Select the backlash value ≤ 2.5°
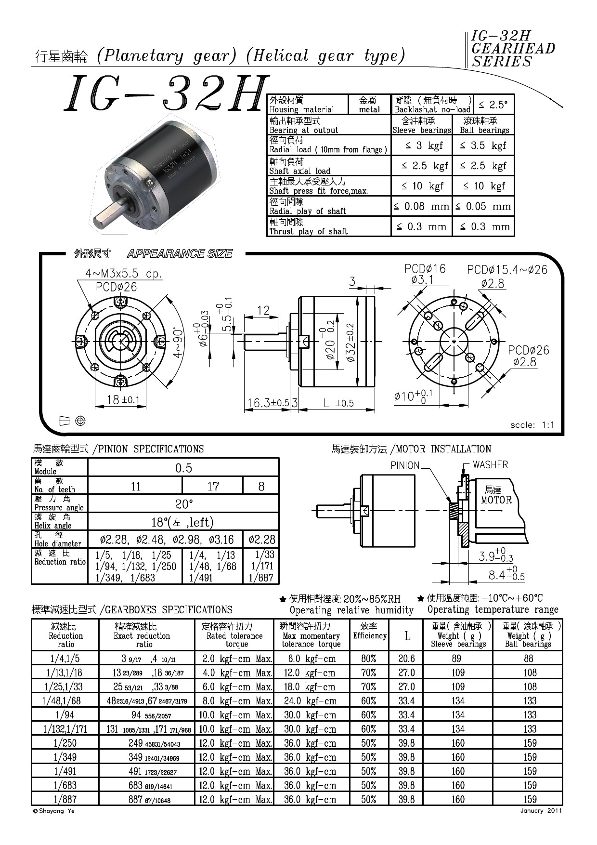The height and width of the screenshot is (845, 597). click(493, 105)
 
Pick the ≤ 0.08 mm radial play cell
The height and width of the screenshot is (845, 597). click(421, 207)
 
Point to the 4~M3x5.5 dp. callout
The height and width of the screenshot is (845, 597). click(124, 274)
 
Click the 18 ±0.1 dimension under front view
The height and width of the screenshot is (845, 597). click(123, 399)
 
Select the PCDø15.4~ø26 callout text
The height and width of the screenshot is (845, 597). click(507, 270)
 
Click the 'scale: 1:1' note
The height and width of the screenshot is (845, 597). click(532, 425)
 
